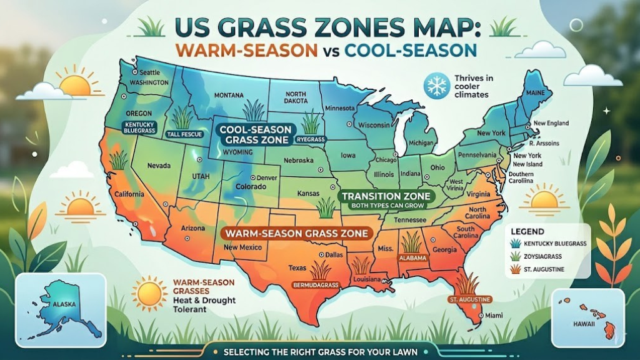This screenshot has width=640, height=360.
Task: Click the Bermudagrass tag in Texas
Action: [316, 285]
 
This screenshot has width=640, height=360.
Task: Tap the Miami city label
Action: [494, 314]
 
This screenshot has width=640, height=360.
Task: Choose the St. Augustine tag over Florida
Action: [466, 299]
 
